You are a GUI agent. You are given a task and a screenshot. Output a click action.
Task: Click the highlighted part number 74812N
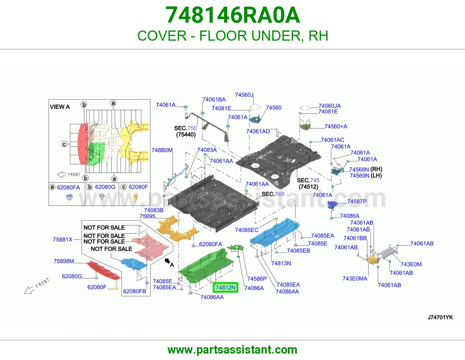point(225,287)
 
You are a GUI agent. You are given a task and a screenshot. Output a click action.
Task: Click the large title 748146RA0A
point(233,15)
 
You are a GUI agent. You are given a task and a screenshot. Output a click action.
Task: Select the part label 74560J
point(244,95)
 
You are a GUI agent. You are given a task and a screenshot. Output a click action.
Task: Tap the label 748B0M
point(162,150)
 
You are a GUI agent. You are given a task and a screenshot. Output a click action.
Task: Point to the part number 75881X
point(63,240)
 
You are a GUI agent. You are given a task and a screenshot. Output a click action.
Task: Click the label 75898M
point(64,261)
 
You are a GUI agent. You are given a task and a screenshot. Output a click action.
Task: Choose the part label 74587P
point(357,201)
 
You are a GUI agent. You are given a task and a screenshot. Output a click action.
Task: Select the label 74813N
point(281,263)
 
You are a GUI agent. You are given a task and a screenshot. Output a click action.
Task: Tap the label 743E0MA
point(355,278)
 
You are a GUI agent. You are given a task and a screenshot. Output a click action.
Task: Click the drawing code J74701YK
point(440,317)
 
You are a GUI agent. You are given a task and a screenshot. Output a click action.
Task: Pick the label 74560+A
point(336,126)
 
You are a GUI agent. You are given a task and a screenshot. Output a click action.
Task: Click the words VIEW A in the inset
point(60,107)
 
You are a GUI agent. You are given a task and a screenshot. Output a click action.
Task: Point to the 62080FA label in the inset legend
point(68,188)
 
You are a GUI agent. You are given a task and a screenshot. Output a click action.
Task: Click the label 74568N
point(359,170)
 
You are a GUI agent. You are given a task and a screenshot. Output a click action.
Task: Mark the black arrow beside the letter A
point(167,261)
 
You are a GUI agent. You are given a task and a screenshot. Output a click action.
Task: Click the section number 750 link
point(192,128)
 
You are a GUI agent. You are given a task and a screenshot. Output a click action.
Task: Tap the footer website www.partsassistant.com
point(233,350)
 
